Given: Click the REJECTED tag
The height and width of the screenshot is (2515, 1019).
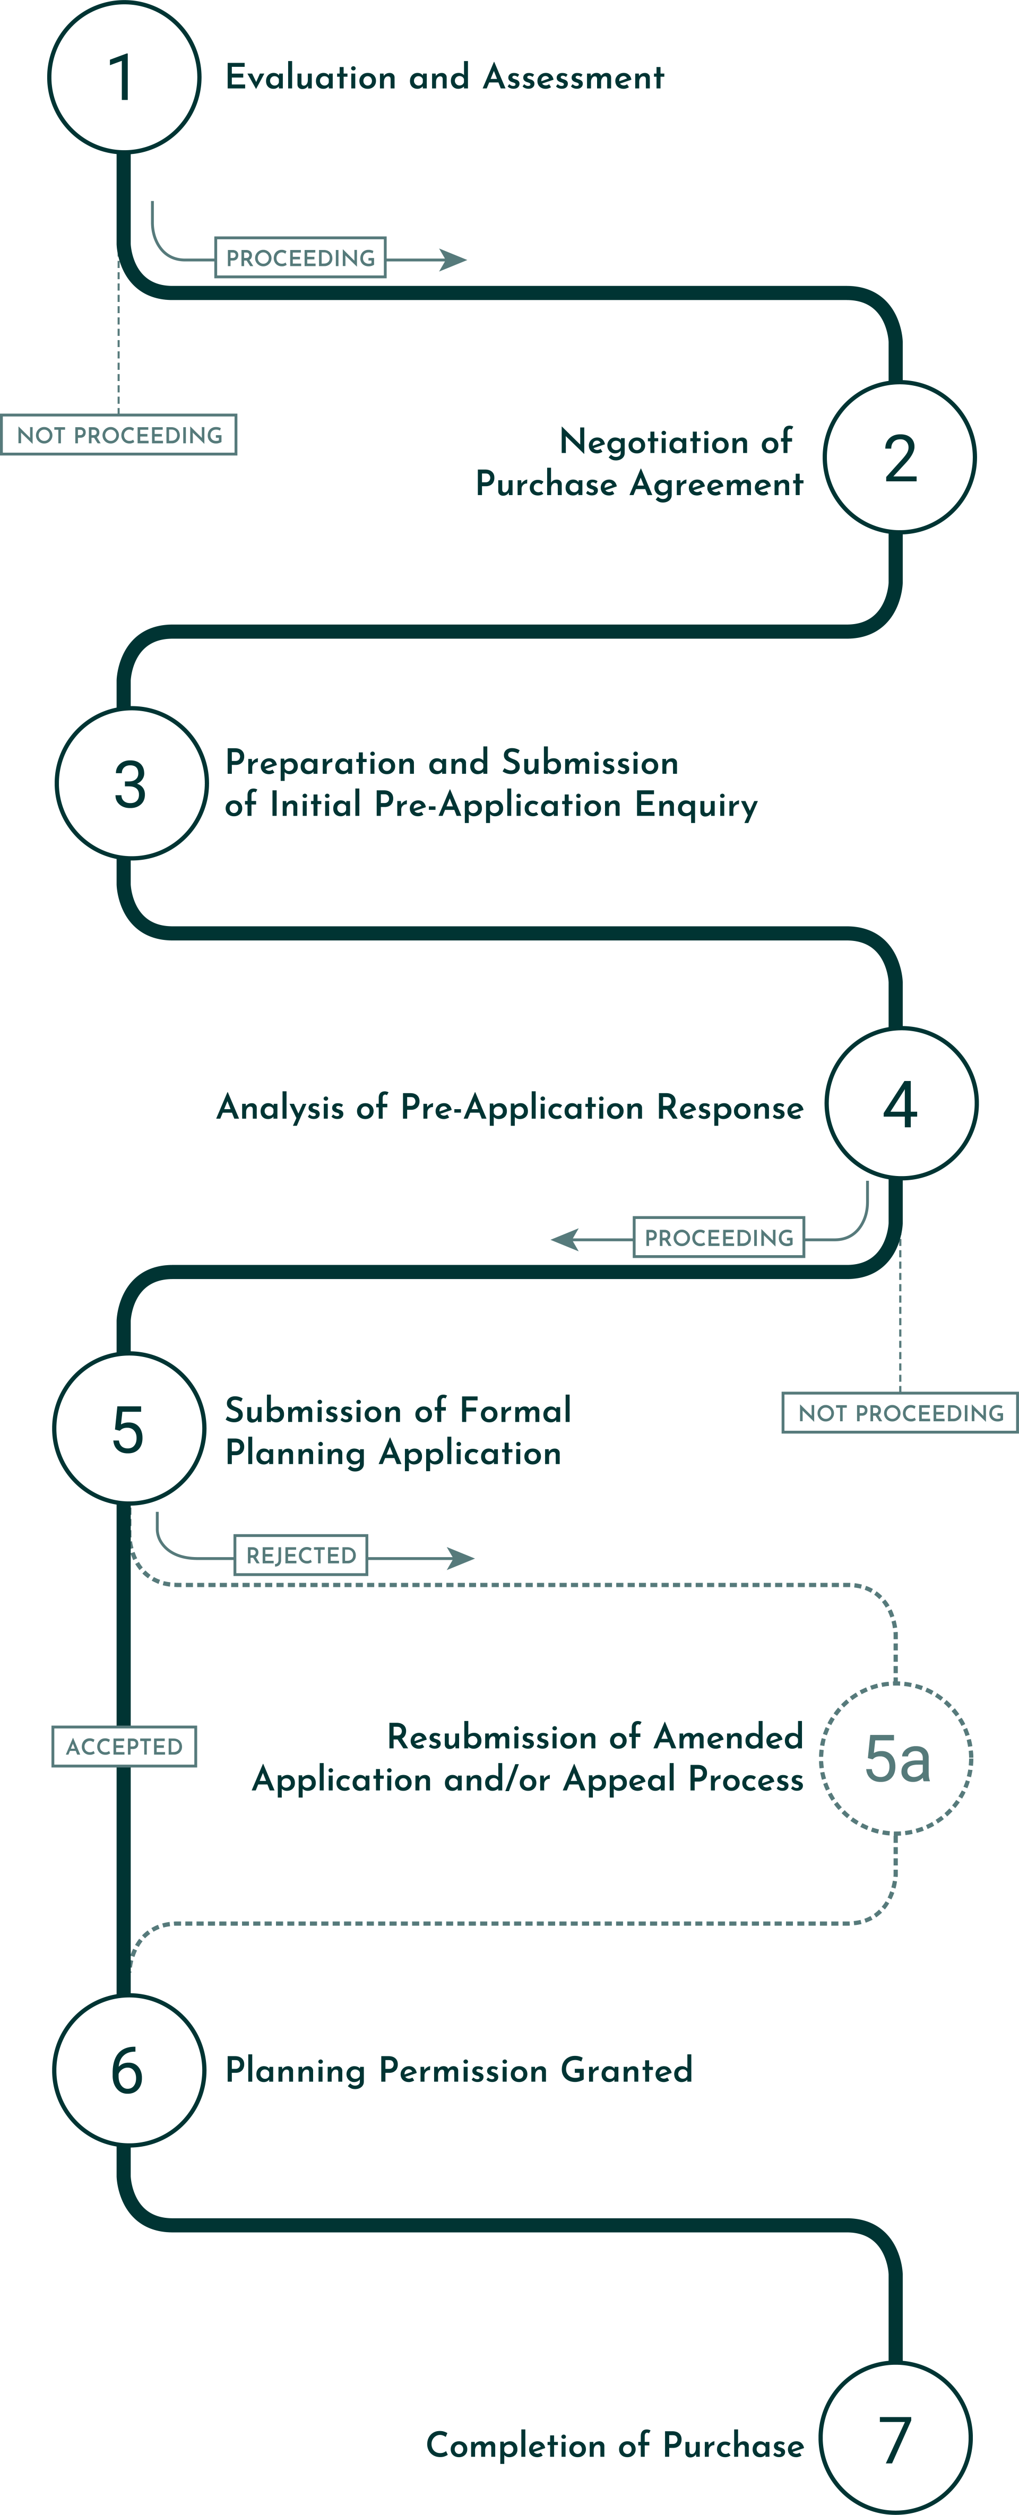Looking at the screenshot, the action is coord(300,1554).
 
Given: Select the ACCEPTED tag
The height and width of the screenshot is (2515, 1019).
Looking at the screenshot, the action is coord(124,1745).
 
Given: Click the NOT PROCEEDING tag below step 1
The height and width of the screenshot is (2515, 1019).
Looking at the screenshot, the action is coord(119,435).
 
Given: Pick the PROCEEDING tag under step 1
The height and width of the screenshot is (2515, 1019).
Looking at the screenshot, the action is coord(300,258).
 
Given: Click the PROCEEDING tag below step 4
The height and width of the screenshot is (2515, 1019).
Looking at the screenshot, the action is coord(719,1237).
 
